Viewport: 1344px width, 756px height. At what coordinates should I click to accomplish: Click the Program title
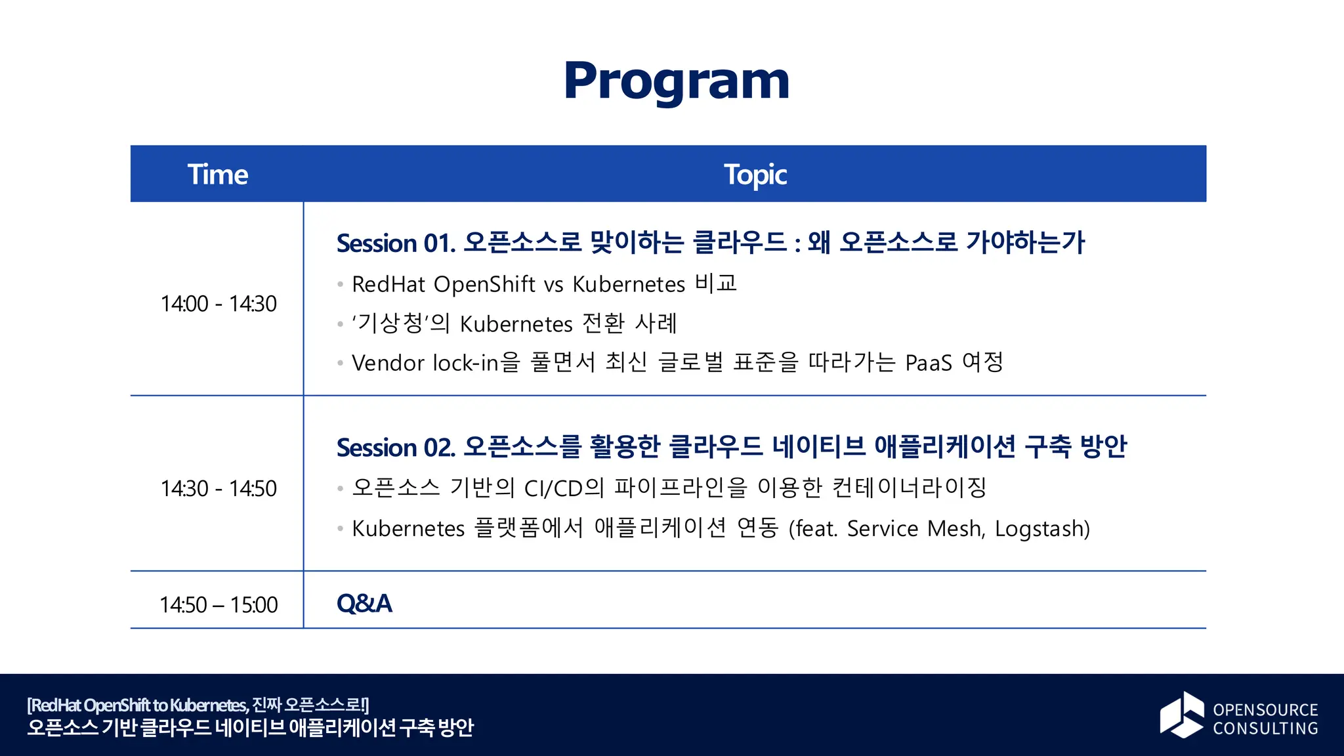(677, 81)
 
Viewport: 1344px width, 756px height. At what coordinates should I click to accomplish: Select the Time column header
(217, 175)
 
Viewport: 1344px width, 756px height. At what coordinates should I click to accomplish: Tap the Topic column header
(755, 175)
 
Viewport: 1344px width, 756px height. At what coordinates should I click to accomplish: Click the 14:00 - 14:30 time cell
(219, 304)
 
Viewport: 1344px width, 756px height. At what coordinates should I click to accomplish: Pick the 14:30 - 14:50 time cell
(219, 489)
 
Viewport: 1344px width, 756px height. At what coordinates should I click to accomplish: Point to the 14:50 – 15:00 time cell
(219, 604)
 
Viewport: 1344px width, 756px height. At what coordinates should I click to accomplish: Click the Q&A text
(364, 604)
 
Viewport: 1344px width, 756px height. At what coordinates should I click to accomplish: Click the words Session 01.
(396, 243)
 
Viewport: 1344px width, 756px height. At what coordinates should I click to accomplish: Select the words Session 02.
(396, 448)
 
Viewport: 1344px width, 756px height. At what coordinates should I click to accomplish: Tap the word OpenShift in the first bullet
(484, 284)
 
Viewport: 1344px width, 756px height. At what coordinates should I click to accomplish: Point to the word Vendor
(388, 363)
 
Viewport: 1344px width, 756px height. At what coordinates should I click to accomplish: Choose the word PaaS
(928, 363)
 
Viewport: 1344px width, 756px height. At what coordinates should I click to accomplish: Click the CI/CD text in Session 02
(554, 488)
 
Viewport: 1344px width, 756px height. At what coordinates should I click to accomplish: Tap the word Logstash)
(1042, 528)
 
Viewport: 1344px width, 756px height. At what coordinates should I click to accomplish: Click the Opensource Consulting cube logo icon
(1181, 715)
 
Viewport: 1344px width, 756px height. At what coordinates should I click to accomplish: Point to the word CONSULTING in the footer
(1265, 728)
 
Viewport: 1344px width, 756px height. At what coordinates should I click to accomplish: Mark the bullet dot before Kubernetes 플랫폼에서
(340, 529)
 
